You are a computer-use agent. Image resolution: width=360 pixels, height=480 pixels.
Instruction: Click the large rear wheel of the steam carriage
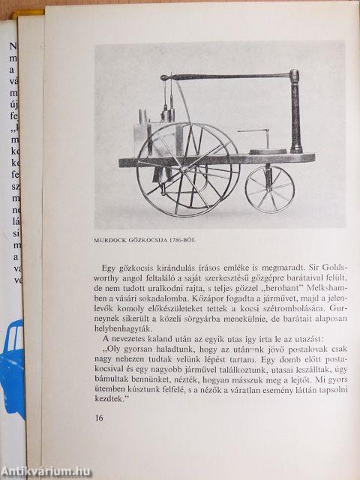[x=187, y=169]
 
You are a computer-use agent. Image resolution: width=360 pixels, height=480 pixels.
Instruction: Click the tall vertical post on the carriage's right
[x=295, y=112]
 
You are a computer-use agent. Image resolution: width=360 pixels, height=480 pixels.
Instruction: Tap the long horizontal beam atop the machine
[x=225, y=76]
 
